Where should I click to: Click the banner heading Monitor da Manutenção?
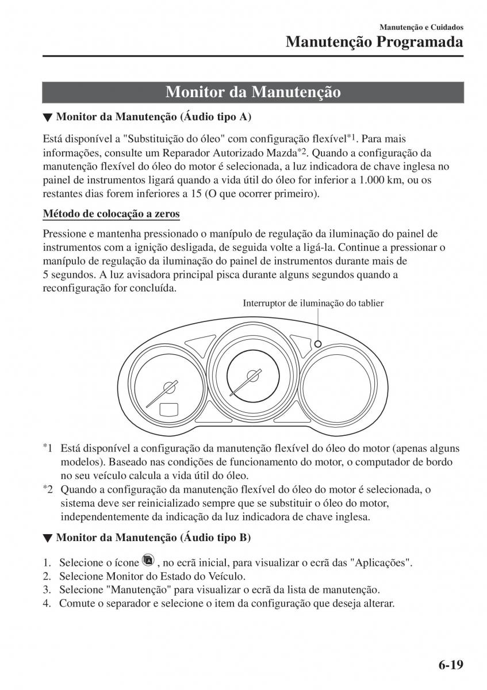pyautogui.click(x=253, y=93)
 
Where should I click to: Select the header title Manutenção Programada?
pyautogui.click(x=374, y=42)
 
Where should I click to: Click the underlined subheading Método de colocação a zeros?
pyautogui.click(x=112, y=214)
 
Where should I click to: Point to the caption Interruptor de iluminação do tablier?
pyautogui.click(x=313, y=303)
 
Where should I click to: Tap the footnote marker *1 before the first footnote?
pyautogui.click(x=48, y=448)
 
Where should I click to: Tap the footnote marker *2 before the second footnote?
pyautogui.click(x=48, y=489)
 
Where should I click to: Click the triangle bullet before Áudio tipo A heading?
pyautogui.click(x=48, y=117)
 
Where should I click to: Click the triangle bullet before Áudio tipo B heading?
pyautogui.click(x=48, y=539)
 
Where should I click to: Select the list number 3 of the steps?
pyautogui.click(x=47, y=590)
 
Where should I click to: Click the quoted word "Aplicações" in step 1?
pyautogui.click(x=384, y=562)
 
